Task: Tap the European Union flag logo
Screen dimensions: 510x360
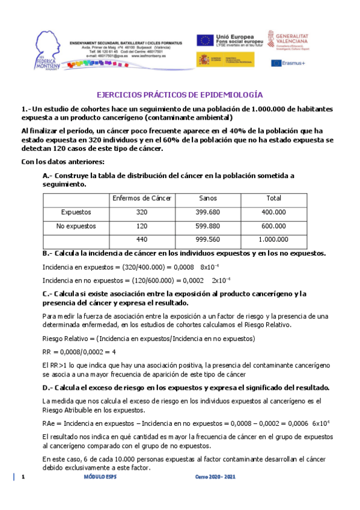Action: tap(206, 40)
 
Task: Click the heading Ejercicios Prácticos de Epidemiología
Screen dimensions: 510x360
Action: tap(180, 95)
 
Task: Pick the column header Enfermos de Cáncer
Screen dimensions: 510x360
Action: tap(141, 198)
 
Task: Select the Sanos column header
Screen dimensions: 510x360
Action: tap(207, 198)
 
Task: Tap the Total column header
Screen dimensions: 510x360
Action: tap(273, 198)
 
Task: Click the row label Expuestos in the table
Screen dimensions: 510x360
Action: tap(76, 212)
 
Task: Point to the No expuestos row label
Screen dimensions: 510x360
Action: tap(76, 226)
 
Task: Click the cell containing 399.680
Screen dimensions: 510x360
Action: tap(207, 212)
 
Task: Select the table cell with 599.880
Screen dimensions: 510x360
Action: tap(207, 226)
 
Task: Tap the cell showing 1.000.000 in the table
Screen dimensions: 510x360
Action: tap(273, 240)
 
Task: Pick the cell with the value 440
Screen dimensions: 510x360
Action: tap(141, 240)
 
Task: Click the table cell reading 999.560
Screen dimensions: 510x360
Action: tap(207, 240)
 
